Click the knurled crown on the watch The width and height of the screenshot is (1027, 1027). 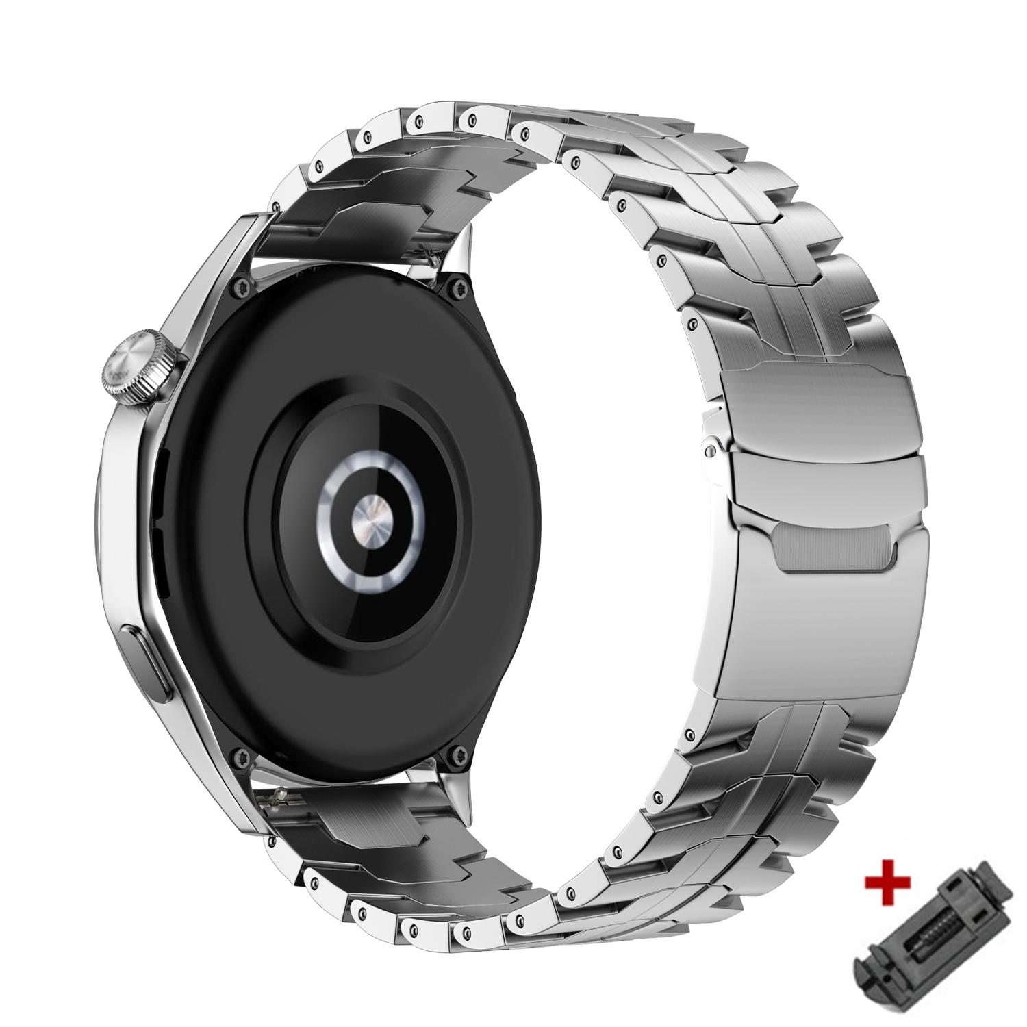[x=140, y=370]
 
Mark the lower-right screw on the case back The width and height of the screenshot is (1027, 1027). [x=457, y=756]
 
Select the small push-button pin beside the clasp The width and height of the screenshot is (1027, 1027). [x=713, y=450]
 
